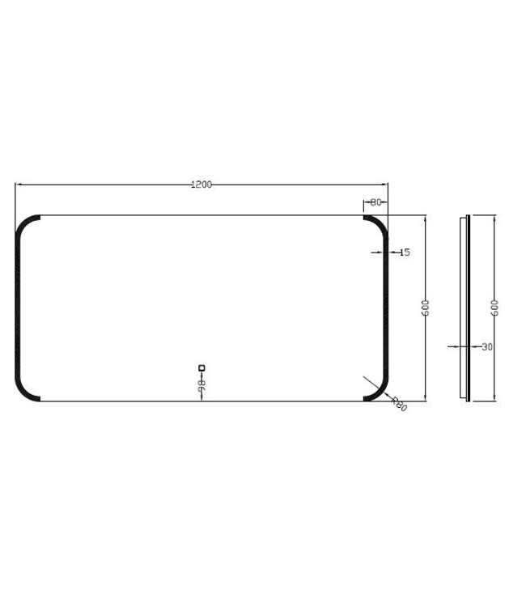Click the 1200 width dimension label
[x=201, y=185]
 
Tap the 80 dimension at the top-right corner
[x=375, y=202]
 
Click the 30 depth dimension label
[x=486, y=346]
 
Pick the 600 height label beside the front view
[x=426, y=308]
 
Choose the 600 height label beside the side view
[x=494, y=308]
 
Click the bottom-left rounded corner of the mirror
[x=24, y=393]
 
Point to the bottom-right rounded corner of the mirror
[x=380, y=393]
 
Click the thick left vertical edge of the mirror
[x=17, y=308]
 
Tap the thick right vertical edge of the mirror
[x=388, y=308]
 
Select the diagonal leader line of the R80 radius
[x=373, y=384]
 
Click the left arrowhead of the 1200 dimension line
[x=18, y=185]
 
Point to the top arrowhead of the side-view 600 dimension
[x=494, y=218]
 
